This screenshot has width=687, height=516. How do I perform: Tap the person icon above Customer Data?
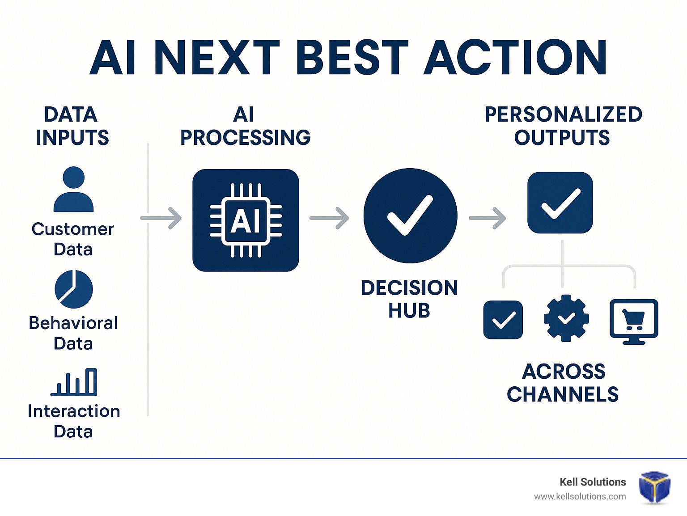coord(73,189)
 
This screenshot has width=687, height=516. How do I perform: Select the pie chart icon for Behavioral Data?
coord(74,289)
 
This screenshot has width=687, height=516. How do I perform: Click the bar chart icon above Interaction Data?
coord(74,382)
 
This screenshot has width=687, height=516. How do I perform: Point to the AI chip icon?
coord(246,220)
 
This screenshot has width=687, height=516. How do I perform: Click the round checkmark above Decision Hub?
coord(410,216)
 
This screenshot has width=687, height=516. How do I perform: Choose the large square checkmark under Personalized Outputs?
coord(560,203)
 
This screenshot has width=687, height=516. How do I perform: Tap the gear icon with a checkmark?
coord(566,318)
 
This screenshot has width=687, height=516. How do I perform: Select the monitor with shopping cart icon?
coord(634,321)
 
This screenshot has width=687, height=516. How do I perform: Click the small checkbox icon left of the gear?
coord(503,320)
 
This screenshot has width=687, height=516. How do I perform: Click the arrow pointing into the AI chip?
coord(161,218)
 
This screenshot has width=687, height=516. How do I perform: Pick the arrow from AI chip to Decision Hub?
coord(329,218)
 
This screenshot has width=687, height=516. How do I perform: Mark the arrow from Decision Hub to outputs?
coord(488,218)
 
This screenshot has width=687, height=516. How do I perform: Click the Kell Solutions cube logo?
coord(654,487)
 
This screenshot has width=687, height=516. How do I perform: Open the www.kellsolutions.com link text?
coord(580,497)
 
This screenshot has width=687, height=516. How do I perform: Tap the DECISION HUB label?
coord(409,299)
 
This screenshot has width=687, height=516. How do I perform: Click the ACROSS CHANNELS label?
coord(563,383)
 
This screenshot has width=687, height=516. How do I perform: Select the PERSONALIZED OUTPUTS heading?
coord(563,126)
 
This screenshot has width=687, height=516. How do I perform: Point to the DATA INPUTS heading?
coord(72,126)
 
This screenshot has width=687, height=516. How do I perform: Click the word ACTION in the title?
coord(515,57)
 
